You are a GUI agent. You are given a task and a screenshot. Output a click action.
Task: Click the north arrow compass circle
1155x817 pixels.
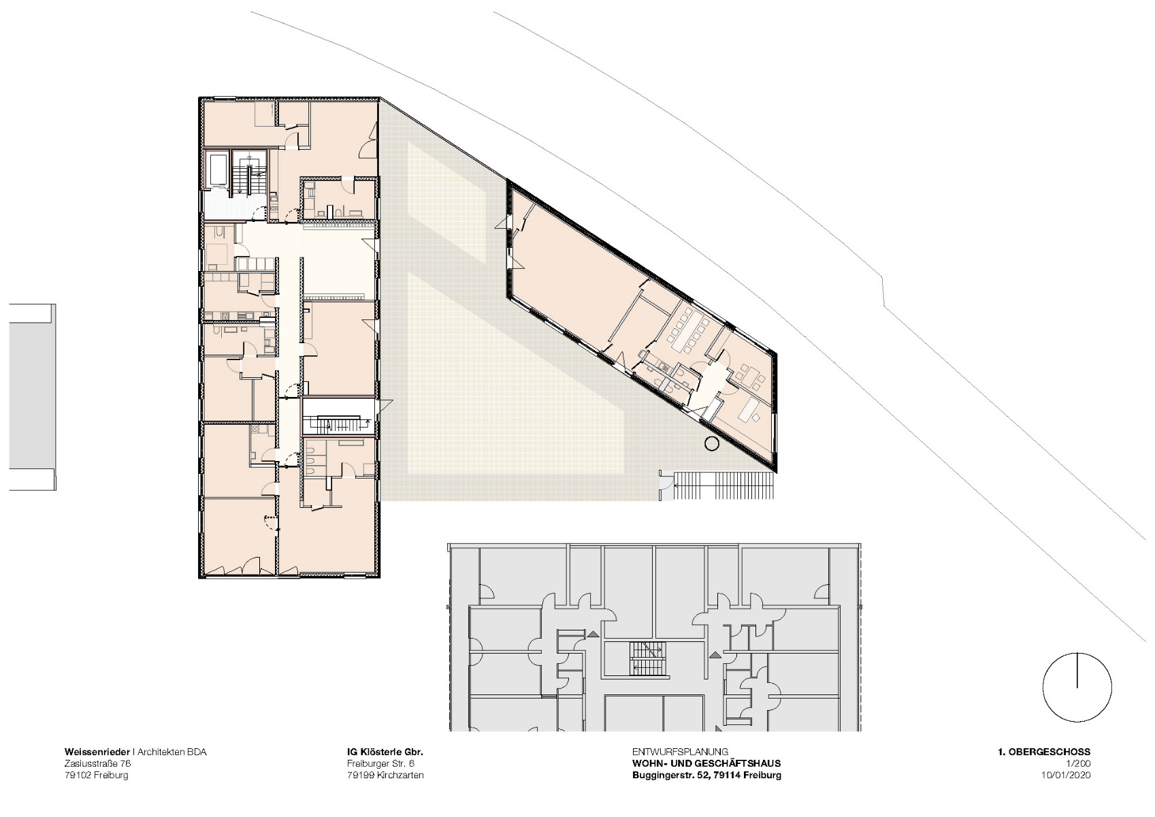pos(1077,687)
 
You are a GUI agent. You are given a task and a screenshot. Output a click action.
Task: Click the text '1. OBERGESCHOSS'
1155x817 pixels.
pos(1043,752)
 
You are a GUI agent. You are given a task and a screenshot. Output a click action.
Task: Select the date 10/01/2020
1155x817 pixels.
pos(1066,775)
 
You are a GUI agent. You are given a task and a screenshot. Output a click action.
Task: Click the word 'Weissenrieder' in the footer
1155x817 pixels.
pos(97,752)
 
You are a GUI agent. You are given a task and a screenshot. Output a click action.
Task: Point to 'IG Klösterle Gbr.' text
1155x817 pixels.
pos(385,752)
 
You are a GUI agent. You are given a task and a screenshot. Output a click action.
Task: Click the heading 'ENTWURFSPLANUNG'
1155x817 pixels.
pos(680,752)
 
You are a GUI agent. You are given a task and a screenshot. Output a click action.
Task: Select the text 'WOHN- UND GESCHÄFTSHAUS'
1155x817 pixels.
pos(706,764)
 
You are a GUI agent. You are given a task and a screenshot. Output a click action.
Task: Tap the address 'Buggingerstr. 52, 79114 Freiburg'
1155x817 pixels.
pos(706,775)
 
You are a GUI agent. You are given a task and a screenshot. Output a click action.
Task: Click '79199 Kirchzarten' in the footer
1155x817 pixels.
pos(385,775)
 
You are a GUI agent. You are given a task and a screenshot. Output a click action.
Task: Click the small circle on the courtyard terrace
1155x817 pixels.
pos(712,445)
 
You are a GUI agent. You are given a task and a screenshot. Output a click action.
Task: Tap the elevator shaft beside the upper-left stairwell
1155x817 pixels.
pos(219,170)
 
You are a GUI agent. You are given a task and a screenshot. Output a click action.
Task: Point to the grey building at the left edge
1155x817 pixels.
pos(31,397)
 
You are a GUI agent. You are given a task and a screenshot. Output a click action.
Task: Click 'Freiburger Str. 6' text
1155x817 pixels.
pos(380,764)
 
